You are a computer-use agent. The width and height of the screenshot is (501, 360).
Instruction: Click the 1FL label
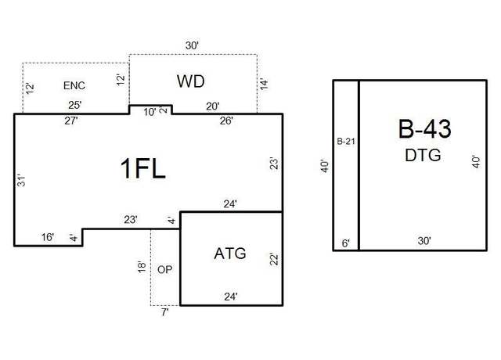point(142,168)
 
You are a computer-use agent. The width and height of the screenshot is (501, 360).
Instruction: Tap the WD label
point(191,81)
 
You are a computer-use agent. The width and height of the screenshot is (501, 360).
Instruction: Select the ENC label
point(74,85)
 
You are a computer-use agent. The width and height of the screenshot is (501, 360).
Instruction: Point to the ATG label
point(230,254)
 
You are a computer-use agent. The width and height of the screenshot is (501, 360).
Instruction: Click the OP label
point(165,269)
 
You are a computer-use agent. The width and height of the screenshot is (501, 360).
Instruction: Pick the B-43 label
point(424,128)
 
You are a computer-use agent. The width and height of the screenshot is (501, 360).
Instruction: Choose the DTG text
point(423,155)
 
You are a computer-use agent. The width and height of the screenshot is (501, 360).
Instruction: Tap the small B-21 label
point(346,141)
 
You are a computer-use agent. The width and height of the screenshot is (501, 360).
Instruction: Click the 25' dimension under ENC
point(75,105)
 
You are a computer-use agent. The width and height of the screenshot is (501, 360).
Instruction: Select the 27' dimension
point(71,121)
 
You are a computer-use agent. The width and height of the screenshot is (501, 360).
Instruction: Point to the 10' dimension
point(150,112)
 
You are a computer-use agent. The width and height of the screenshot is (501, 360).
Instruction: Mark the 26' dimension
point(226,121)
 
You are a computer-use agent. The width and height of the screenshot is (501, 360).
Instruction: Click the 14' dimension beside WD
point(264,84)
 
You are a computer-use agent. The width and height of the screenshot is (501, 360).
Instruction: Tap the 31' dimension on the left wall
point(21,181)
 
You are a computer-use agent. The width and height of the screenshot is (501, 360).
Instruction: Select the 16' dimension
point(48,237)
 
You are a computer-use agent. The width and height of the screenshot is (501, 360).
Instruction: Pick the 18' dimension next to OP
point(142,267)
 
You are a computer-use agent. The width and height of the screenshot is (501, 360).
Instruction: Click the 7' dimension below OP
point(165,312)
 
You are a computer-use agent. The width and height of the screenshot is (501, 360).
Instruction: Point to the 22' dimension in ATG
point(274,259)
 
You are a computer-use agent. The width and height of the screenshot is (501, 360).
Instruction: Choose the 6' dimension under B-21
point(346,243)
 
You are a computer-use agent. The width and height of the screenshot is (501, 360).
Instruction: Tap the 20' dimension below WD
point(212,106)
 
